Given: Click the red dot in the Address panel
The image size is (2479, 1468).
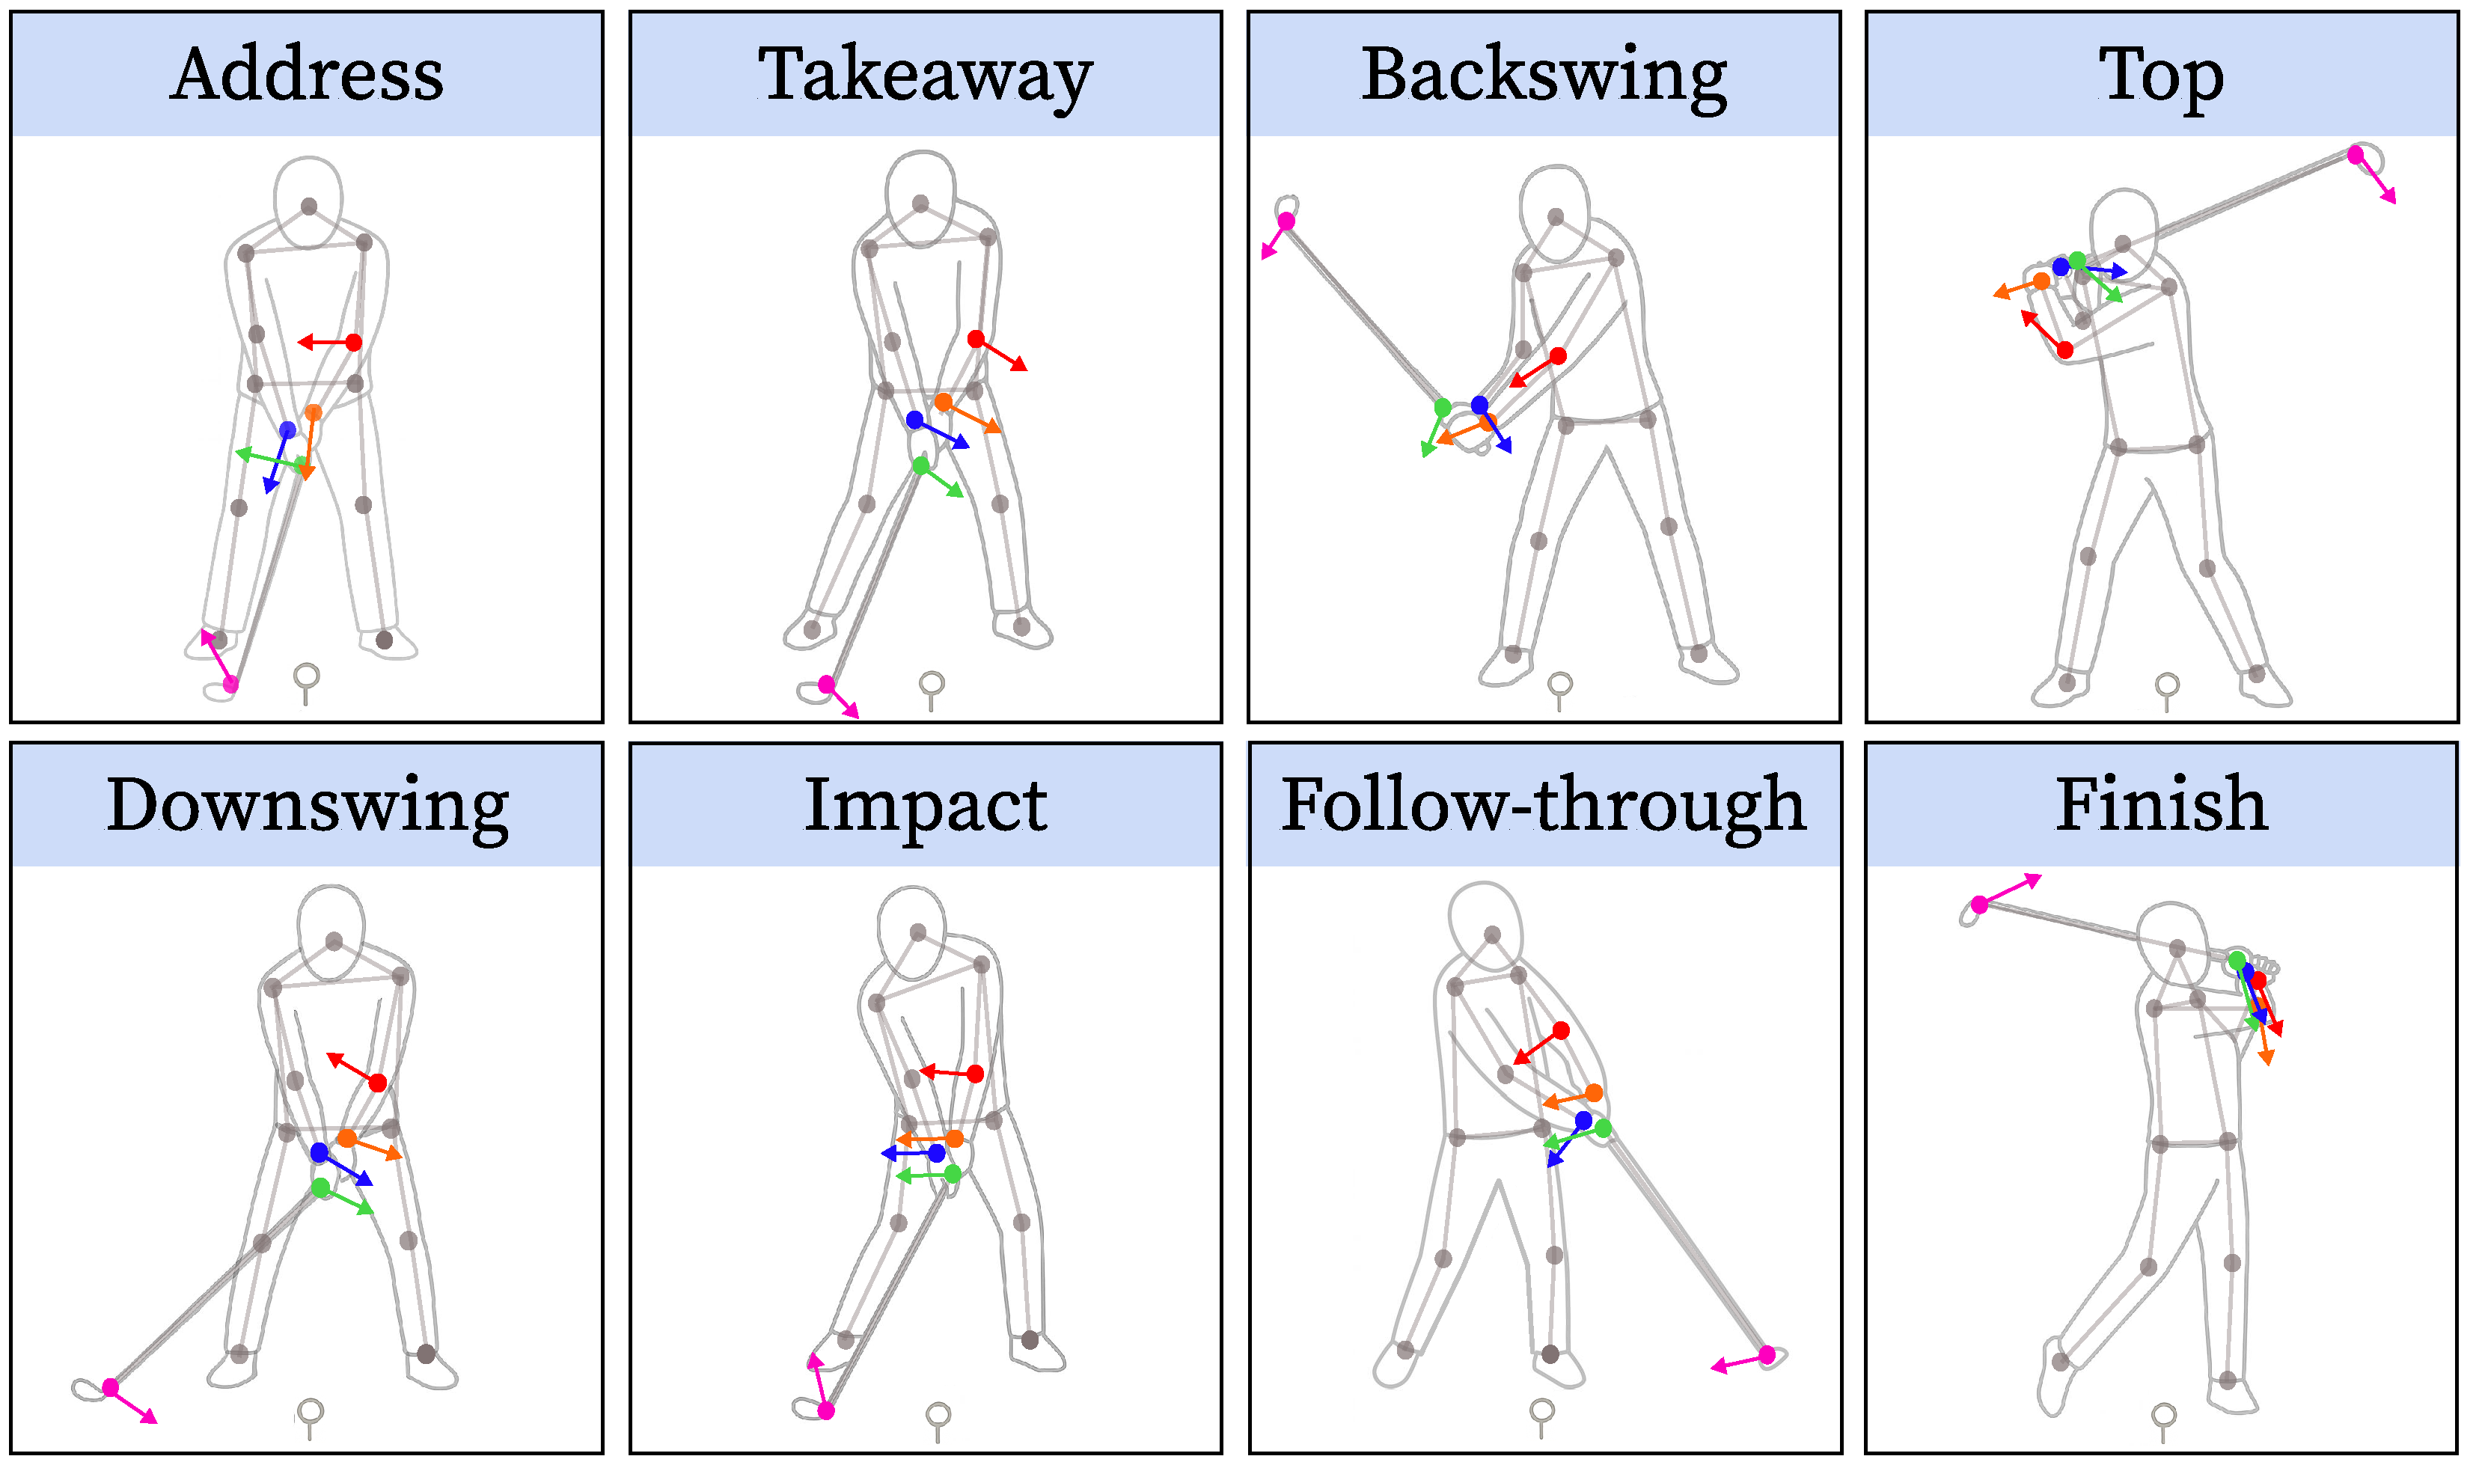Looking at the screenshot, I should pyautogui.click(x=354, y=342).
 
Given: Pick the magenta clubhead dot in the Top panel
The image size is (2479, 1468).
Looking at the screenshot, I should pyautogui.click(x=2356, y=156).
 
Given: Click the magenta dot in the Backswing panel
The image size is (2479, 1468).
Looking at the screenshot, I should pyautogui.click(x=1287, y=221).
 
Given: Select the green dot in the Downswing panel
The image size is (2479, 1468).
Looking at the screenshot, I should pyautogui.click(x=320, y=1187).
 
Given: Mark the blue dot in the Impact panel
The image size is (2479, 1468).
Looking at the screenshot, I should pyautogui.click(x=937, y=1154).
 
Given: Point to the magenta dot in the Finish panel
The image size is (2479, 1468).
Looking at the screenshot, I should pyautogui.click(x=1979, y=904).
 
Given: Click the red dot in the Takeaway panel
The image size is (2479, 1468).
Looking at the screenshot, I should pyautogui.click(x=976, y=339).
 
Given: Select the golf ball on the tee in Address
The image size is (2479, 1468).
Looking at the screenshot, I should pyautogui.click(x=307, y=676).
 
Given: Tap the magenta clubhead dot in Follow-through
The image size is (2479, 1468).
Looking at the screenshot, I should pyautogui.click(x=1767, y=1354).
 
